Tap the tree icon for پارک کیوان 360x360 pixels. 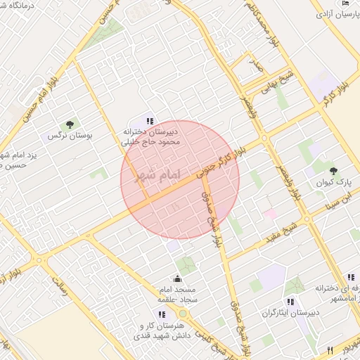tap(333, 171)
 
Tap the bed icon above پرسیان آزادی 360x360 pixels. tap(345, 3)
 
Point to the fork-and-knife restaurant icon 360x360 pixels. tap(330, 349)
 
